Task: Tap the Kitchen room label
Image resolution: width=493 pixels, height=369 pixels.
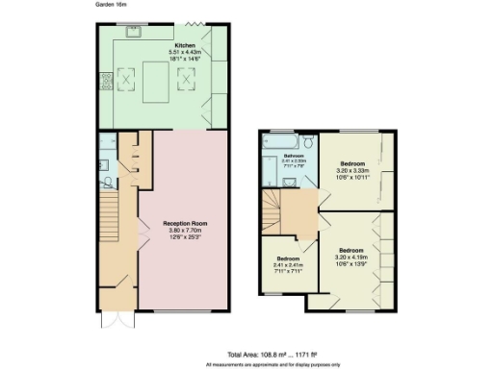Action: pos(183,44)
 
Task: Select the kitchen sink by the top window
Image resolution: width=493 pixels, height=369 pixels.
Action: pos(132,32)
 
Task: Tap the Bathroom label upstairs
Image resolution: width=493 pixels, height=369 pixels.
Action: pos(294,155)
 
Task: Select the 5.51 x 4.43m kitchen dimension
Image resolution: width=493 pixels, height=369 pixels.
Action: pos(183,51)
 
